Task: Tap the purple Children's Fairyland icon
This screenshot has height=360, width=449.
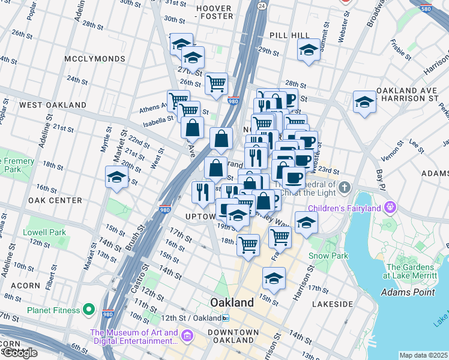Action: coord(391,208)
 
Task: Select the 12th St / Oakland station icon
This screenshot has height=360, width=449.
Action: coord(225,317)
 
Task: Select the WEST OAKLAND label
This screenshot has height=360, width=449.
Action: coord(53,105)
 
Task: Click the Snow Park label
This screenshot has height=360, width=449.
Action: coord(328,256)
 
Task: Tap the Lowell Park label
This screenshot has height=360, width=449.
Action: coord(44,232)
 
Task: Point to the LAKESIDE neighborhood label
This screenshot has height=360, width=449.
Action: coord(332,304)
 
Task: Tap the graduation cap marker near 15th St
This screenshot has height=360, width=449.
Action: coord(274,278)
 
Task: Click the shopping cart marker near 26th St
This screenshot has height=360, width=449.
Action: coord(216,83)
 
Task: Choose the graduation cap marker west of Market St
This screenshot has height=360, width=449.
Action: coord(116,177)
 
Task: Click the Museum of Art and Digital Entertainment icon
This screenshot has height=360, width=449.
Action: coord(187,334)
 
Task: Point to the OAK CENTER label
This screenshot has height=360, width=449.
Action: coord(54,200)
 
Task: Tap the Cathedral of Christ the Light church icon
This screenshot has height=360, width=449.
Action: coord(344,188)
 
